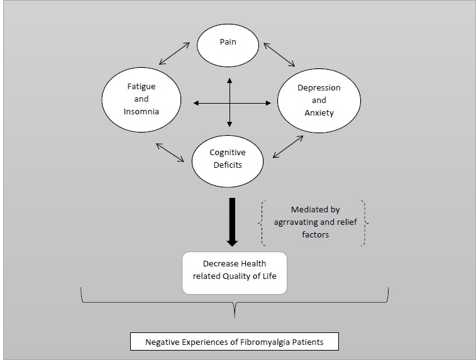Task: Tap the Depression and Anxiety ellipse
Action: pos(319,101)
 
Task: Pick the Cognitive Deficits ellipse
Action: pos(228,158)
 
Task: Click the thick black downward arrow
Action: pos(232,222)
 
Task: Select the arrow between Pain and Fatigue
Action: pos(175,53)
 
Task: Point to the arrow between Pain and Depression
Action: pos(279,54)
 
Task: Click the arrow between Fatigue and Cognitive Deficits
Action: pos(170,151)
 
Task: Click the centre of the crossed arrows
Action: pos(230,101)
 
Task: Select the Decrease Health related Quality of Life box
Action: pos(234,272)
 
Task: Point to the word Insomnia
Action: pos(141,112)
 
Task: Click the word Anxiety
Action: pos(319,113)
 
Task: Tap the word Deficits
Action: pos(228,165)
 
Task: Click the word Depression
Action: pos(319,87)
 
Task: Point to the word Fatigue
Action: pos(141,87)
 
